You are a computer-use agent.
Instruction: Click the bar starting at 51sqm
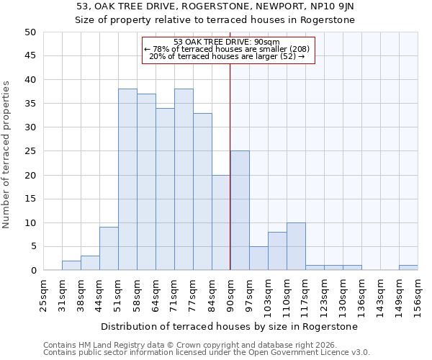pyautogui.click(x=127, y=180)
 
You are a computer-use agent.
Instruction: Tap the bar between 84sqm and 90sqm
pyautogui.click(x=221, y=223)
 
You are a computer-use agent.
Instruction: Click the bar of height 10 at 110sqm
pyautogui.click(x=296, y=247)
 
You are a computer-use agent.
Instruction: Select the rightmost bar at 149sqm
pyautogui.click(x=408, y=268)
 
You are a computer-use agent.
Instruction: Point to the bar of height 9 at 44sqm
pyautogui.click(x=109, y=249)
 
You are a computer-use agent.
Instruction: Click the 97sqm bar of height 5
pyautogui.click(x=258, y=258)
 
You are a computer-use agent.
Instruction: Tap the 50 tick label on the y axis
pyautogui.click(x=30, y=32)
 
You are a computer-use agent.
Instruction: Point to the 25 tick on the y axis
pyautogui.click(x=30, y=151)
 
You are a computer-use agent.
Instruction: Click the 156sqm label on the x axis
pyautogui.click(x=418, y=294)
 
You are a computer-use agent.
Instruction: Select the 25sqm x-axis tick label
pyautogui.click(x=43, y=294)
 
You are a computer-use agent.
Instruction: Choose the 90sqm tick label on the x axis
pyautogui.click(x=230, y=294)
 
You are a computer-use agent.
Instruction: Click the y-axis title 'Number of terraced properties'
pyautogui.click(x=6, y=155)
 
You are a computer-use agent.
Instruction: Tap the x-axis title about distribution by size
pyautogui.click(x=230, y=326)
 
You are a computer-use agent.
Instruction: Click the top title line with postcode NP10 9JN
pyautogui.click(x=215, y=6)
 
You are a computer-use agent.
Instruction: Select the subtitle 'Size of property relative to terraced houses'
pyautogui.click(x=215, y=20)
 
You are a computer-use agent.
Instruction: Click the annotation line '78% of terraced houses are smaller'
pyautogui.click(x=228, y=49)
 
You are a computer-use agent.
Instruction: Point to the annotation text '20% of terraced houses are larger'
pyautogui.click(x=228, y=56)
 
